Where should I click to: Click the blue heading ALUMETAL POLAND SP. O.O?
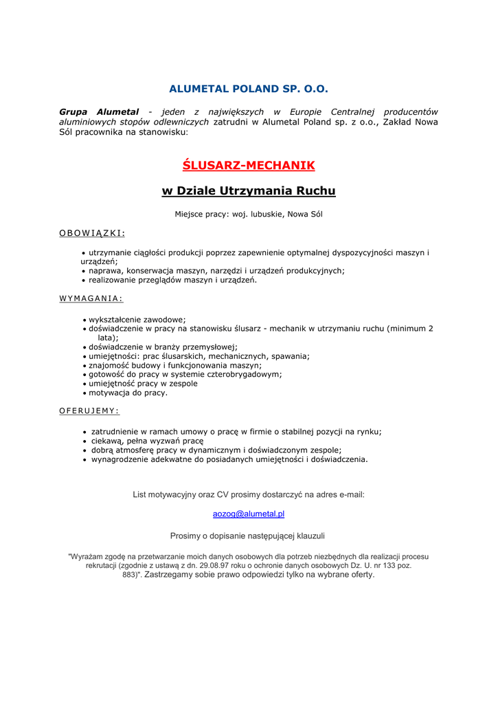[249, 89]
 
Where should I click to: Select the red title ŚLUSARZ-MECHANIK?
[249, 166]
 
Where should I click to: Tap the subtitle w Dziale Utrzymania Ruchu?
[249, 190]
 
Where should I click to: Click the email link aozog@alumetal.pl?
[249, 514]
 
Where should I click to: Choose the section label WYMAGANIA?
[91, 298]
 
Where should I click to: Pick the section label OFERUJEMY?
[89, 410]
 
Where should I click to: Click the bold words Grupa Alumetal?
[99, 111]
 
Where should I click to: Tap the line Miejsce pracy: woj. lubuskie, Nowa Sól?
[249, 214]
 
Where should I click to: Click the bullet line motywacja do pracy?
[128, 393]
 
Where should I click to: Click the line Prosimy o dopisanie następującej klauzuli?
[247, 536]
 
